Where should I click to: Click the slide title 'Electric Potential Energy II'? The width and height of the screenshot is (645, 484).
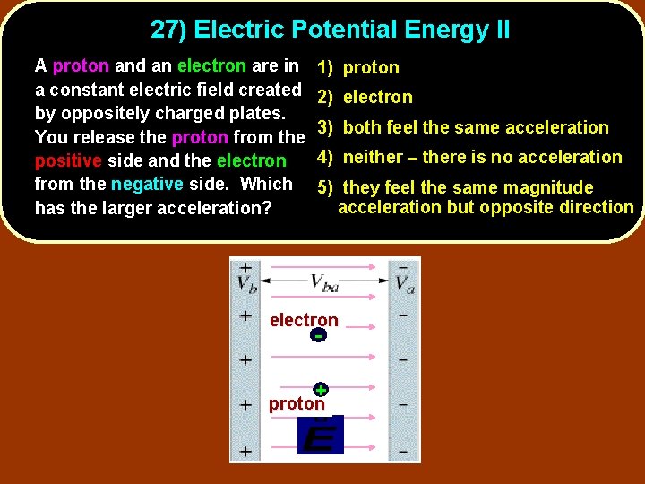tap(352, 30)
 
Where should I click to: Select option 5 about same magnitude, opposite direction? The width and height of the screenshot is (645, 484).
tap(475, 197)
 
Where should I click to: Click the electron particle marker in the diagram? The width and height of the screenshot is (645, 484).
tap(318, 336)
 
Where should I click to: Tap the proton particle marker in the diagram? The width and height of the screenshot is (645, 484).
tap(320, 390)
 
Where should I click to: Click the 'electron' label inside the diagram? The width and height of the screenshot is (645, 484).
tap(304, 320)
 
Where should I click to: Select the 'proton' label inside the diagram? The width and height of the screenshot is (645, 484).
tap(297, 404)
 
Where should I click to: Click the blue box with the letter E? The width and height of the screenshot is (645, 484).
tap(320, 436)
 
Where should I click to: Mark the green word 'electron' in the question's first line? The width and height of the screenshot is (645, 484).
tap(211, 65)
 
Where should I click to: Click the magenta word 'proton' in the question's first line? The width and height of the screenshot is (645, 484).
tap(81, 65)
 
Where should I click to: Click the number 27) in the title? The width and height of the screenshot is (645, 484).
tap(168, 30)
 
